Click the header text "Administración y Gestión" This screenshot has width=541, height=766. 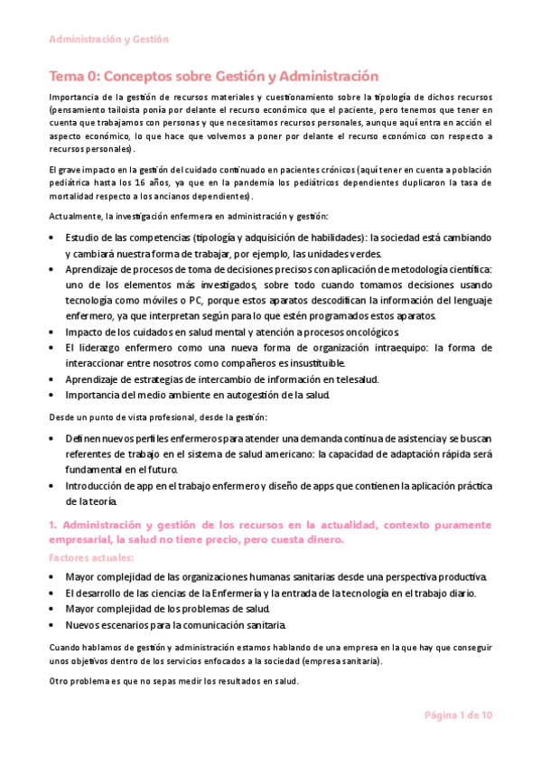click(108, 40)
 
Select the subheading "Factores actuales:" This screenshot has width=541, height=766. click(91, 558)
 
